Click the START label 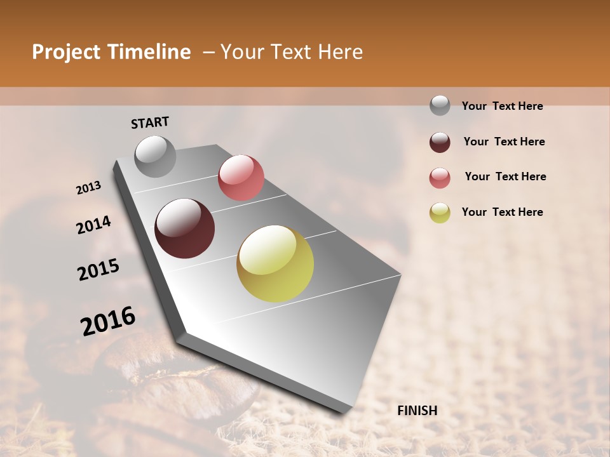point(150,123)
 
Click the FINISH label point(417,411)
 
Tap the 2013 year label point(88,188)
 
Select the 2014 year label point(93,225)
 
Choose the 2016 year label point(108,321)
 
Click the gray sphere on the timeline point(156,156)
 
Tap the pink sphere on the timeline point(241,178)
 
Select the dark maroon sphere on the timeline point(184,228)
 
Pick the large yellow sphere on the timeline point(275,263)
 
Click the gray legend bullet point(440,105)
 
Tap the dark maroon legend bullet point(440,142)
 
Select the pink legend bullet point(440,178)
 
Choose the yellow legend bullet point(440,213)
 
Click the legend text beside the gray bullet point(502,107)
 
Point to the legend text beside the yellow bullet point(502,212)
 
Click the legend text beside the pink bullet point(505,176)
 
